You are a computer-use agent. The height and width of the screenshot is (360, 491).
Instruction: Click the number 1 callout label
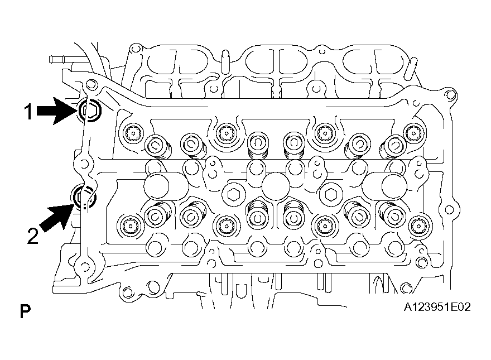tap(29, 112)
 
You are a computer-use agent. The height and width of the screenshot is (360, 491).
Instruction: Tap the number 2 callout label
tap(32, 236)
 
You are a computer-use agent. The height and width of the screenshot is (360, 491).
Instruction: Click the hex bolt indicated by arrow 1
tap(90, 111)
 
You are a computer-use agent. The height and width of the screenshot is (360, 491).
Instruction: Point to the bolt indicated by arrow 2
tap(83, 198)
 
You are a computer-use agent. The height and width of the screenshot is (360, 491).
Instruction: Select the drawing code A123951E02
tap(437, 307)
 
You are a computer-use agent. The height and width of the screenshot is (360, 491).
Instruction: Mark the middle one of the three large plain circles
tap(275, 186)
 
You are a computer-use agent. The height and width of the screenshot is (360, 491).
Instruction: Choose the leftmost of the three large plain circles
tap(156, 186)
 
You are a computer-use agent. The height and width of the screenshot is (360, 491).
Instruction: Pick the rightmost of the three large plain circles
tap(394, 186)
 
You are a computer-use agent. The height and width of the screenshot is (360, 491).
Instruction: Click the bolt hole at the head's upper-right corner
tap(449, 95)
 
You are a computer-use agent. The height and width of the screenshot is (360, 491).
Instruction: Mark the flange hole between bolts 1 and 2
tap(84, 164)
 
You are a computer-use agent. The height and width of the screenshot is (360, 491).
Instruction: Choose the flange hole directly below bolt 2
tap(84, 267)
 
